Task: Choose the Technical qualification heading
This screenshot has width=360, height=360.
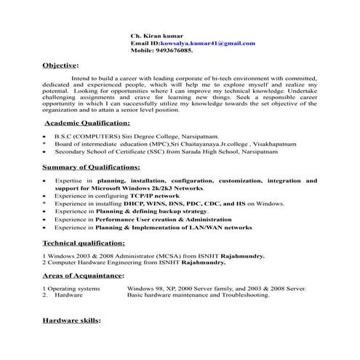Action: (84, 243)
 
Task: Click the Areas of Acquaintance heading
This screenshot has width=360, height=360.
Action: (82, 276)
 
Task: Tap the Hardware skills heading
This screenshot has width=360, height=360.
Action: (71, 320)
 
